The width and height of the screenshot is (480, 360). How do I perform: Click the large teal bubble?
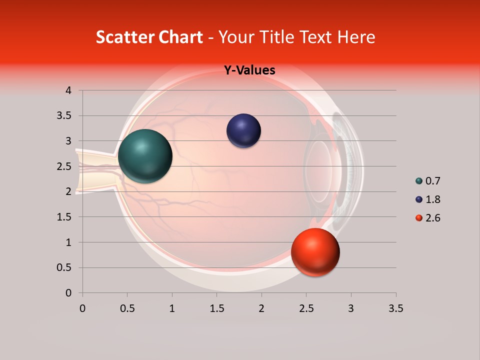pyautogui.click(x=145, y=156)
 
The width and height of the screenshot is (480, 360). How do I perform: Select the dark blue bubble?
pyautogui.click(x=243, y=131)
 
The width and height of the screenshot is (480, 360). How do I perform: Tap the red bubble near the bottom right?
pyautogui.click(x=315, y=252)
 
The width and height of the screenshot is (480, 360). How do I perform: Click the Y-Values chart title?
pyautogui.click(x=249, y=70)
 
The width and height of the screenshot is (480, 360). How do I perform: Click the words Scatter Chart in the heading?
pyautogui.click(x=149, y=37)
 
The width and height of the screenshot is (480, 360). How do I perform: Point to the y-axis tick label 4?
pyautogui.click(x=68, y=90)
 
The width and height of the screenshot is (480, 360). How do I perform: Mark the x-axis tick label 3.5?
pyautogui.click(x=395, y=308)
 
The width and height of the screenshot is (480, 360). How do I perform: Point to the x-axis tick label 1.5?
pyautogui.click(x=216, y=308)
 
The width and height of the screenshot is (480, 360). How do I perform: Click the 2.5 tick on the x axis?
pyautogui.click(x=306, y=308)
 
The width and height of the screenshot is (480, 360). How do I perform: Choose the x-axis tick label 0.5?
pyautogui.click(x=127, y=308)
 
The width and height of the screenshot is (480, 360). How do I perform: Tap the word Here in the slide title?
pyautogui.click(x=356, y=37)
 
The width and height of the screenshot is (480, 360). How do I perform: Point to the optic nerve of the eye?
pyautogui.click(x=95, y=171)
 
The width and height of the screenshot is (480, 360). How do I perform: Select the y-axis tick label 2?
pyautogui.click(x=68, y=191)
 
